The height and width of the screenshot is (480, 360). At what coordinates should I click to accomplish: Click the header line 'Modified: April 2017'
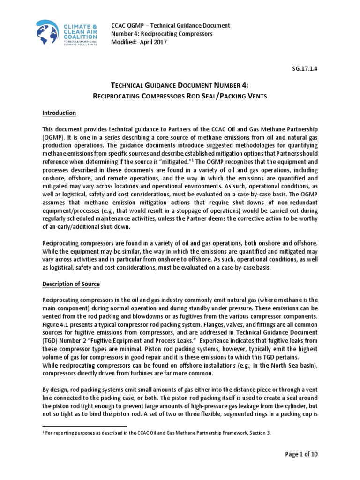pyautogui.click(x=138, y=42)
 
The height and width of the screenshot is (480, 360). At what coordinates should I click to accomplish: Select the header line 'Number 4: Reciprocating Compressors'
pyautogui.click(x=162, y=34)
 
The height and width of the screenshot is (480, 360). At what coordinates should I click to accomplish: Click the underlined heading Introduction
pyautogui.click(x=59, y=113)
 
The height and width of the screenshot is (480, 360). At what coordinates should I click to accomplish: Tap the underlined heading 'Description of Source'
pyautogui.click(x=71, y=285)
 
